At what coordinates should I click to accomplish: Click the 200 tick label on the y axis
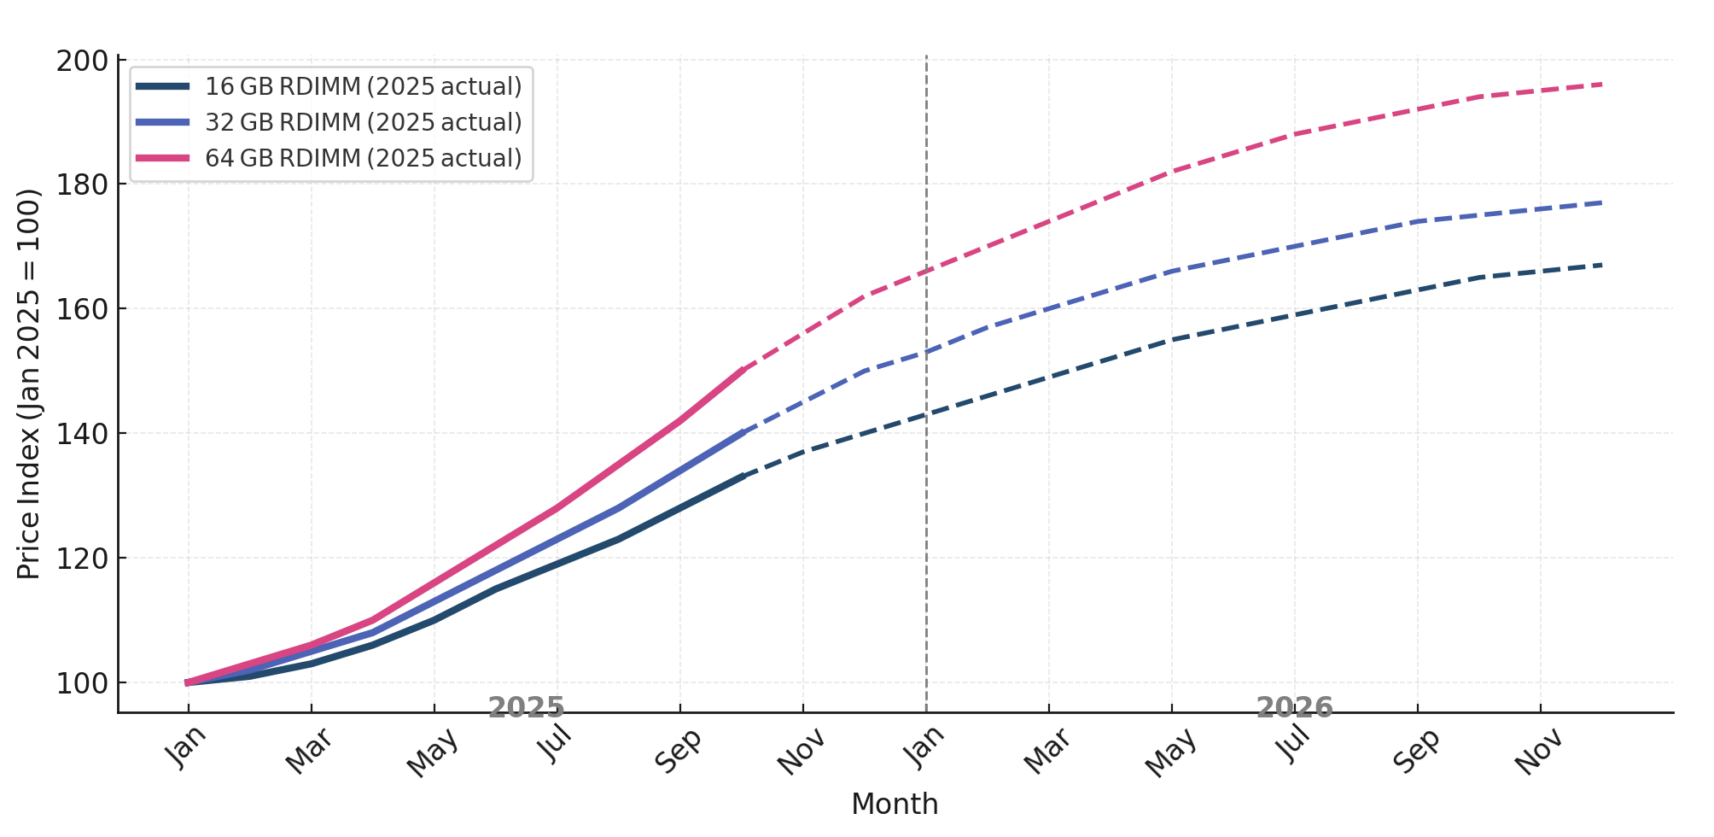[x=82, y=61]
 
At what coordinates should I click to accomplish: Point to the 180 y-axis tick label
[x=82, y=185]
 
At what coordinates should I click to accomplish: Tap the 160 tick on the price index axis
[x=82, y=309]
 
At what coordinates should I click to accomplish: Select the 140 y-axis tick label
[x=82, y=434]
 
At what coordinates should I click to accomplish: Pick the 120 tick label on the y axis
[x=82, y=559]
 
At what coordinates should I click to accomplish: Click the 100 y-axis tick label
[x=82, y=683]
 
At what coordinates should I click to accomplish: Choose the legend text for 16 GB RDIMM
[x=363, y=87]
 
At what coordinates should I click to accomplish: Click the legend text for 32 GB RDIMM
[x=363, y=123]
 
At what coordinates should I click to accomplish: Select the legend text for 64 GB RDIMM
[x=363, y=159]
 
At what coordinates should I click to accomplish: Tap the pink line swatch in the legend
[x=162, y=159]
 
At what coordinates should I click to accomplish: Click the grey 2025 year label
[x=526, y=707]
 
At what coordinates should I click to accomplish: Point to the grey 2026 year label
[x=1294, y=707]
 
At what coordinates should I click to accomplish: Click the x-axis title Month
[x=895, y=804]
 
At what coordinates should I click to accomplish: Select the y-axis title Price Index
[x=29, y=384]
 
